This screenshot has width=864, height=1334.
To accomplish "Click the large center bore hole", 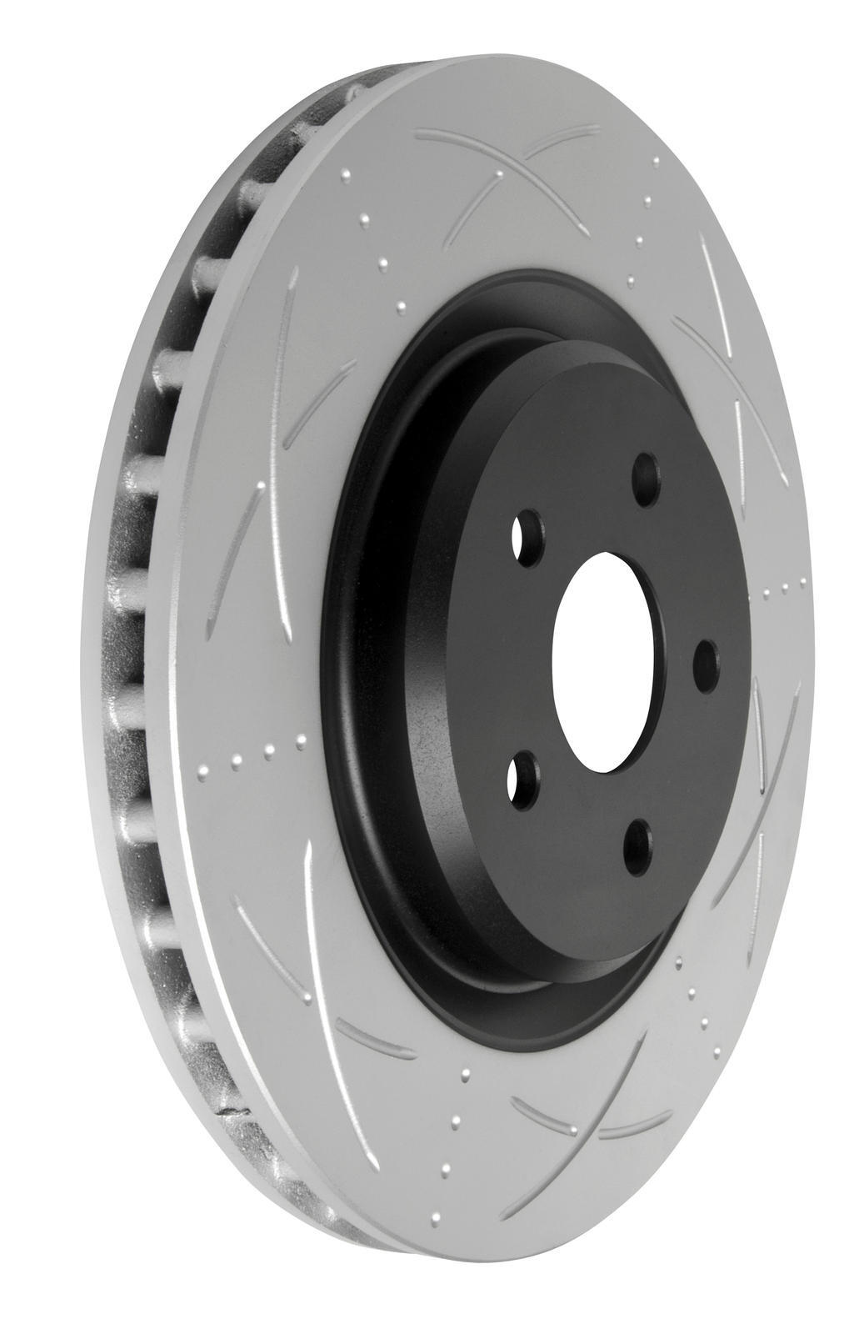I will [612, 661].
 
